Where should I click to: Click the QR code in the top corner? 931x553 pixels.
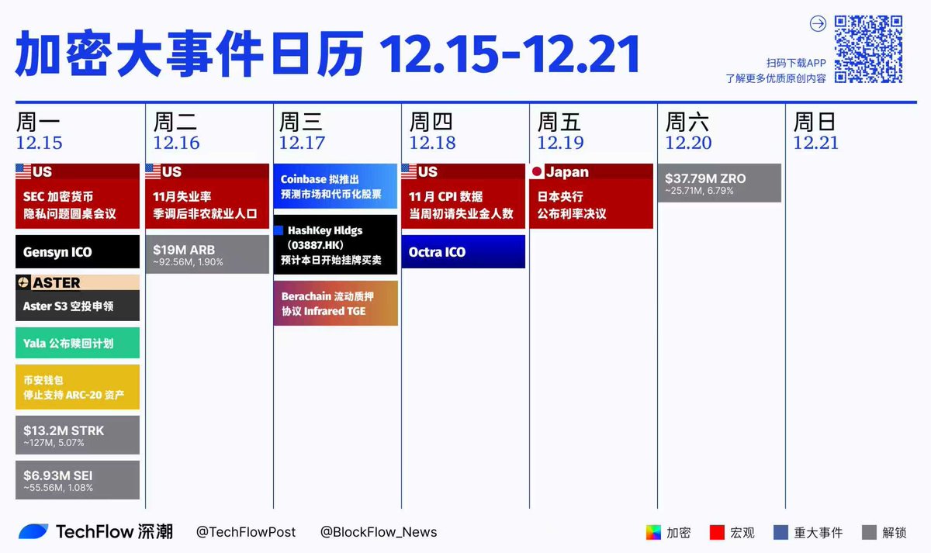868,49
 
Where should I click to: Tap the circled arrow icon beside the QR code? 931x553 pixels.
818,24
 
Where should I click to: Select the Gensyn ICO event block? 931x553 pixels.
78,252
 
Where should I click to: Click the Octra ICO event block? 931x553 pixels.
463,252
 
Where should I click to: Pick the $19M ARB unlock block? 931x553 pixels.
207,254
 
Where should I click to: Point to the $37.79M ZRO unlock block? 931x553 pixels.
719,183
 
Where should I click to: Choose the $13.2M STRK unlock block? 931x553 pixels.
78,435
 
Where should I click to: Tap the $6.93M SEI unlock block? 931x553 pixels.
78,480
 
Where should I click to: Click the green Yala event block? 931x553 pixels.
78,343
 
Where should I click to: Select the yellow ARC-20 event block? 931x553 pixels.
78,387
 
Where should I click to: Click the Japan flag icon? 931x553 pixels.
537,171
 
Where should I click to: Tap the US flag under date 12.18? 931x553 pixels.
409,171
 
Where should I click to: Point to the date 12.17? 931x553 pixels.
302,143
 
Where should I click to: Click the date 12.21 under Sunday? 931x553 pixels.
816,143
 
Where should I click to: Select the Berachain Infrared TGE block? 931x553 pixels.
336,303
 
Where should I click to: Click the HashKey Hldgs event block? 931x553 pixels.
336,245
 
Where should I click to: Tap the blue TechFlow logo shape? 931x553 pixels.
33,531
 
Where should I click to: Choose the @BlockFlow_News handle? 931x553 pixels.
379,532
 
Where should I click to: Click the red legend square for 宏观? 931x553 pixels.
717,533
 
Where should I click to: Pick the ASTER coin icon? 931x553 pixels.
23,282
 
